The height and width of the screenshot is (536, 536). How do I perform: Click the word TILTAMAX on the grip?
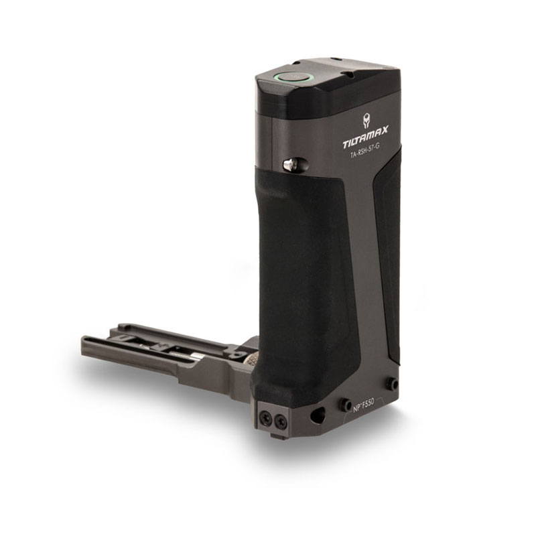pos(365,138)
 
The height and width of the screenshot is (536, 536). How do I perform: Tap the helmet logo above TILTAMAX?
pos(366,121)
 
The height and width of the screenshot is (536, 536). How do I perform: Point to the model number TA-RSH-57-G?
pos(364,153)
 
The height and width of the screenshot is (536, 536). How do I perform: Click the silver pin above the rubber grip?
pos(290,165)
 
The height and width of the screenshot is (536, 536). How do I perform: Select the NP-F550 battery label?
pos(362,405)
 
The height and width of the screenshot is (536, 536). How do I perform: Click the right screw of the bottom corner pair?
pos(280,420)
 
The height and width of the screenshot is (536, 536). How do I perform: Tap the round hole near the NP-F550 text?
pos(317,414)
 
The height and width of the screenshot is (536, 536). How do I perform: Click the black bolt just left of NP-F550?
pos(345,403)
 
